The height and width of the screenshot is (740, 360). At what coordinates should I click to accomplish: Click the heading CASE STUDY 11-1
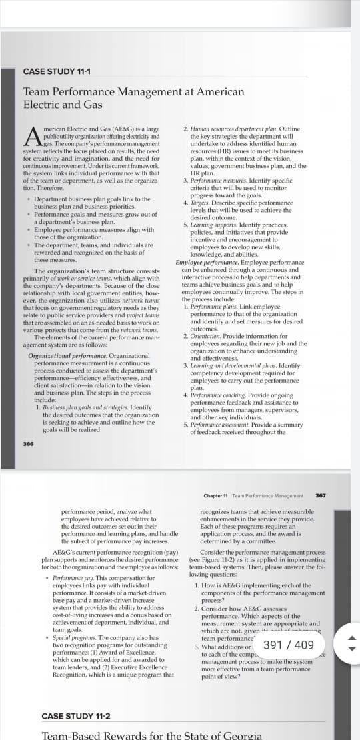pyautogui.click(x=57, y=72)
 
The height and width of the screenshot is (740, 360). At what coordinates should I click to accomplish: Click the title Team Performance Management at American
pyautogui.click(x=134, y=91)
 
